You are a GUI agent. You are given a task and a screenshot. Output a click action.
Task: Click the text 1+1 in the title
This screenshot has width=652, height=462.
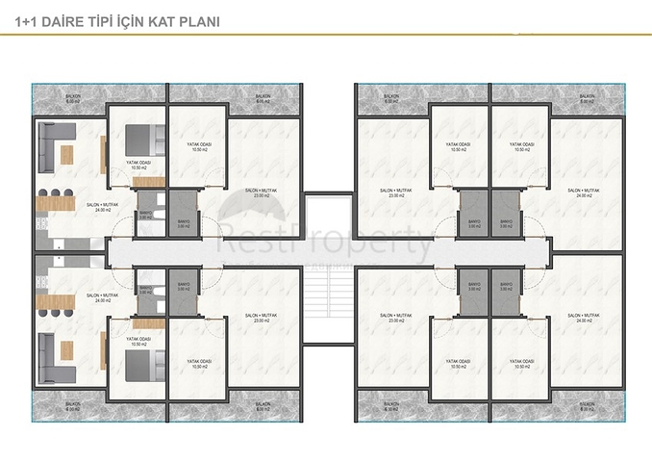(x=29, y=19)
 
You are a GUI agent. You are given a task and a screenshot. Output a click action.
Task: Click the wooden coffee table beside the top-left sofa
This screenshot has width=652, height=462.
(x=67, y=154)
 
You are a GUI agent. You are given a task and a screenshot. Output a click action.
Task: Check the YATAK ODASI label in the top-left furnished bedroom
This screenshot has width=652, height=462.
(x=138, y=165)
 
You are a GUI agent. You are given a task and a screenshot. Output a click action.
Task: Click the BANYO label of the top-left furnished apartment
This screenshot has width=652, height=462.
(x=146, y=216)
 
